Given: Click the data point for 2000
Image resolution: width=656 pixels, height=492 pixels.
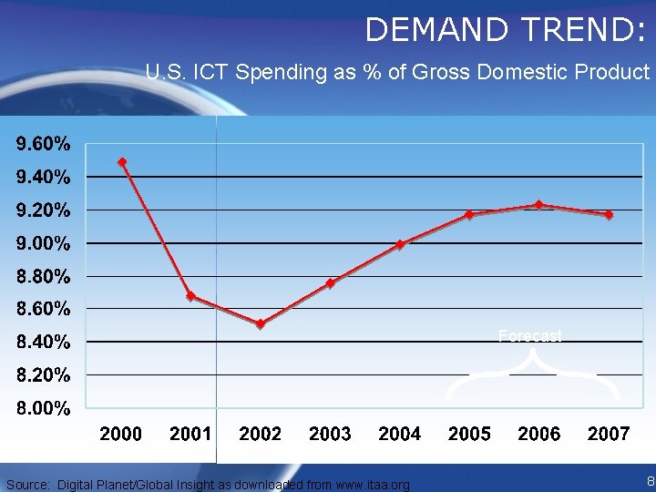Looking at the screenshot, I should [122, 162].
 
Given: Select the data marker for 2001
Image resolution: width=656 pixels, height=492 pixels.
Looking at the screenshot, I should [190, 296].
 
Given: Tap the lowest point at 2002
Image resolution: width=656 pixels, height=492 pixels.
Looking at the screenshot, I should [261, 324].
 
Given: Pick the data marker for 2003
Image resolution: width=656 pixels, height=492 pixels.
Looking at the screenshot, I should [330, 283].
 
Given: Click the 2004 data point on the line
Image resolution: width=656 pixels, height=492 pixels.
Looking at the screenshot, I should [400, 244].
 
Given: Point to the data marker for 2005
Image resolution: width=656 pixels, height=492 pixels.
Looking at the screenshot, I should [469, 215].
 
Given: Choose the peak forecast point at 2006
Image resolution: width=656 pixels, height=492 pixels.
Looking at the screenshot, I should [539, 205].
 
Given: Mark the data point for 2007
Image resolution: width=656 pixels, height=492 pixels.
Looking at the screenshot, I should [609, 215].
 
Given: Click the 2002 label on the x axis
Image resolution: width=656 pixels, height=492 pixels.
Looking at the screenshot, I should [261, 434].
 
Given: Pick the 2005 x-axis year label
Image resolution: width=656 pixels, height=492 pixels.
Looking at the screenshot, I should [469, 434].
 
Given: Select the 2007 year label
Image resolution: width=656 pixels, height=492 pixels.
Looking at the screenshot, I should [609, 434].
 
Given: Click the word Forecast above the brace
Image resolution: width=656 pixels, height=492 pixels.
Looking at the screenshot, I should [530, 336].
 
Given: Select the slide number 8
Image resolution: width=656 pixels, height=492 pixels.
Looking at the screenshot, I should [649, 481].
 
